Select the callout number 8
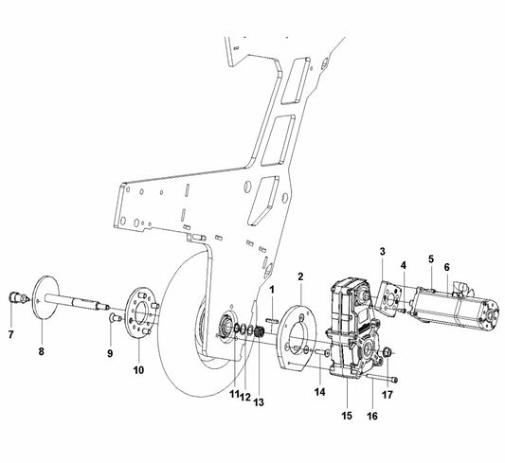pyautogui.click(x=41, y=351)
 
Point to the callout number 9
pyautogui.click(x=109, y=352)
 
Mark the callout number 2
pyautogui.click(x=300, y=276)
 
